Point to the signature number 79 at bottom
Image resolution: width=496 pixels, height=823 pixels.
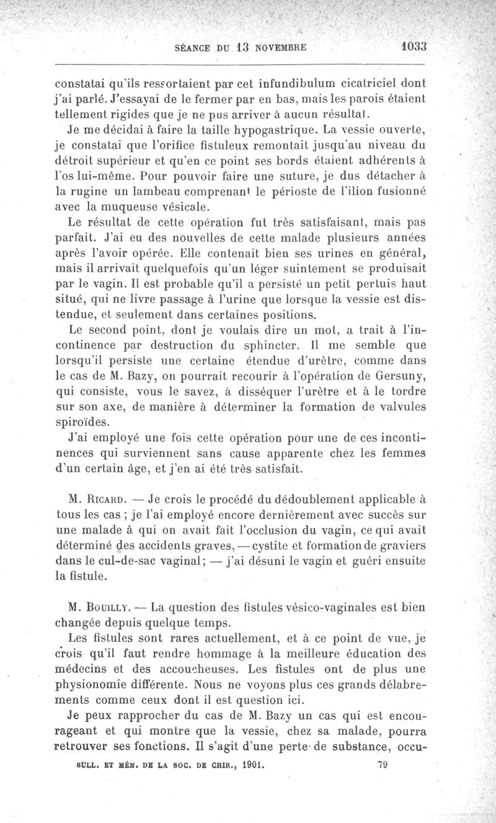click(x=383, y=765)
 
